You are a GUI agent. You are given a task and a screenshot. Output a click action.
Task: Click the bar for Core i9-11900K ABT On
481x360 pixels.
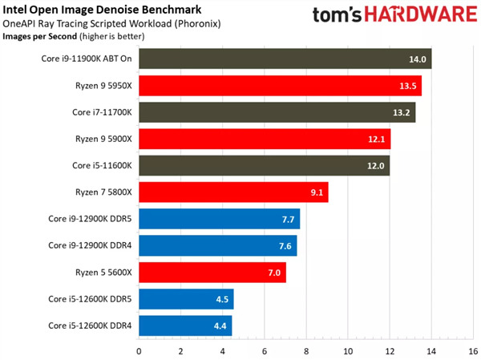[285, 59]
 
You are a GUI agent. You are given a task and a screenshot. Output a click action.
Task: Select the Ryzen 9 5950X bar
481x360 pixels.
[280, 86]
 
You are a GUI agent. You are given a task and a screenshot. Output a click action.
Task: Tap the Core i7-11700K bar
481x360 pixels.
[277, 112]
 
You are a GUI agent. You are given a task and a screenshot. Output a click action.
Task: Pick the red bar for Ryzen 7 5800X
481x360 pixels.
[233, 192]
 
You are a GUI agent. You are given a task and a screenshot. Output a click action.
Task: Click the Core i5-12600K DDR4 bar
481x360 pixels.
[185, 326]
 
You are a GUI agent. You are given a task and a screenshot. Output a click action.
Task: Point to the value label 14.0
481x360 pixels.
[418, 59]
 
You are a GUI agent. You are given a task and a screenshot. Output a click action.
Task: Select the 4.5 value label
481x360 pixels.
[220, 299]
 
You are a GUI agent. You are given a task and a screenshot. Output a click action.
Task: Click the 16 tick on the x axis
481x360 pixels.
[472, 350]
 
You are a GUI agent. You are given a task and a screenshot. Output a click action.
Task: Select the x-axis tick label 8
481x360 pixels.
[305, 350]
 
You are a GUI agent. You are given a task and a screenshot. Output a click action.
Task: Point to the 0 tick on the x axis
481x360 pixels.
[139, 350]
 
